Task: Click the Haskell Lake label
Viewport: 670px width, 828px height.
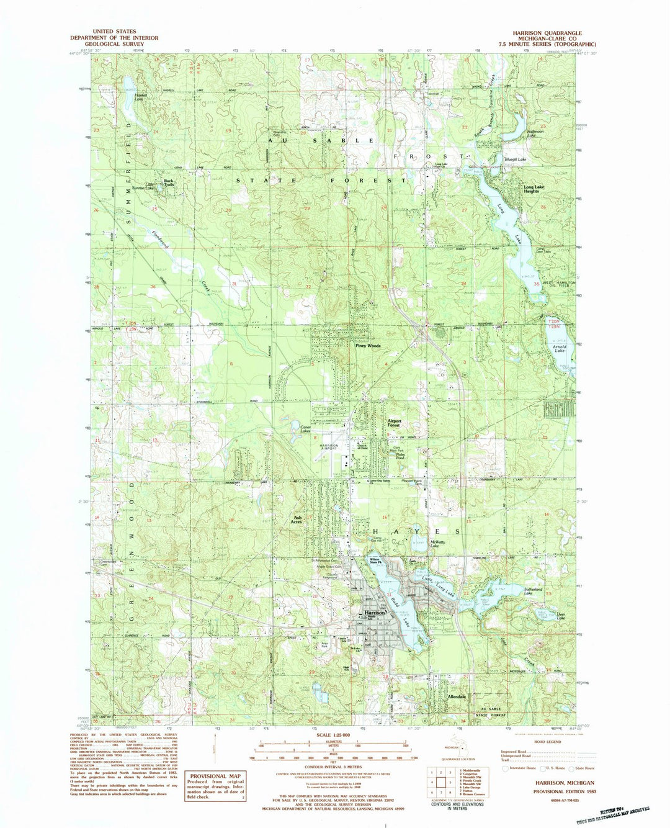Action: tap(140, 97)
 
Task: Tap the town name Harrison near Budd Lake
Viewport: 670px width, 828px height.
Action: tap(373, 611)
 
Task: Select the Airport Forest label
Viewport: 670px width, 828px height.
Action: tap(395, 423)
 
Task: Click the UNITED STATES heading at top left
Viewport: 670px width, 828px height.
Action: tap(115, 31)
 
